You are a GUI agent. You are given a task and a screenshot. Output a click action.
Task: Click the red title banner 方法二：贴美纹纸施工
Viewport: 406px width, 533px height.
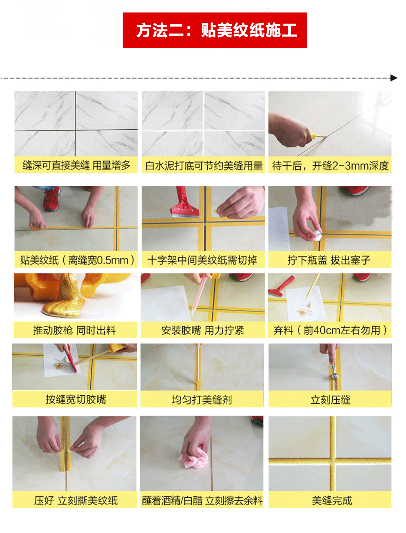[x=215, y=30]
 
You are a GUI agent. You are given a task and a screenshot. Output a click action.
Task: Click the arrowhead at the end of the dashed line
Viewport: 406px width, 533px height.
[x=394, y=78]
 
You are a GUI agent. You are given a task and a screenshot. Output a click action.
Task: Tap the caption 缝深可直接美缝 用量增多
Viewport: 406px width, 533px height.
[x=76, y=165]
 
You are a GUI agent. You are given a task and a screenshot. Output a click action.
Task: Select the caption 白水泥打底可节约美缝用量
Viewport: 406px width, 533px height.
[x=204, y=166]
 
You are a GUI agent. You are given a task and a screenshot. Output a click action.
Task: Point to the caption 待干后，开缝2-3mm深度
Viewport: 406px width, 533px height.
[x=330, y=166]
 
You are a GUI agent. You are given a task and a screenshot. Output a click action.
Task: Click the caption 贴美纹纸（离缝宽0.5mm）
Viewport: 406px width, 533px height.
[x=77, y=260]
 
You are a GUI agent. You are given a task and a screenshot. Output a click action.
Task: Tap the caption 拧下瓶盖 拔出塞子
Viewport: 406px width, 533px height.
[x=329, y=260]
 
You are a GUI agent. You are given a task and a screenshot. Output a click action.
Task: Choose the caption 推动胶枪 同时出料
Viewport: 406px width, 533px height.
[x=74, y=330]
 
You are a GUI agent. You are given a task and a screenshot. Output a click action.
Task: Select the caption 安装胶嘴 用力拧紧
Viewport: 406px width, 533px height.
[x=202, y=330]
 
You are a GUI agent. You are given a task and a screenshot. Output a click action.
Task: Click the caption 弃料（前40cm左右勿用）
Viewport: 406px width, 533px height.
[x=330, y=330]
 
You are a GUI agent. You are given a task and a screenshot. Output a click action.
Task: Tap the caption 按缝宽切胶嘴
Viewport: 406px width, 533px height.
[x=76, y=399]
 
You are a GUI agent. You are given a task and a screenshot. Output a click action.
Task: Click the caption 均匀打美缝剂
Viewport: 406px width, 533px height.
[x=202, y=400]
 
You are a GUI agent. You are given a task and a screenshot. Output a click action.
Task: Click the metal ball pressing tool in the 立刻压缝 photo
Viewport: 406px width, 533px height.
[x=335, y=376]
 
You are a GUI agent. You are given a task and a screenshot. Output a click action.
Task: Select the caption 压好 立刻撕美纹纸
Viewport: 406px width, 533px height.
[x=76, y=500]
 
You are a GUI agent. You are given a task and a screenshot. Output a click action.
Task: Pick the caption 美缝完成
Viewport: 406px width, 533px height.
[x=332, y=500]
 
